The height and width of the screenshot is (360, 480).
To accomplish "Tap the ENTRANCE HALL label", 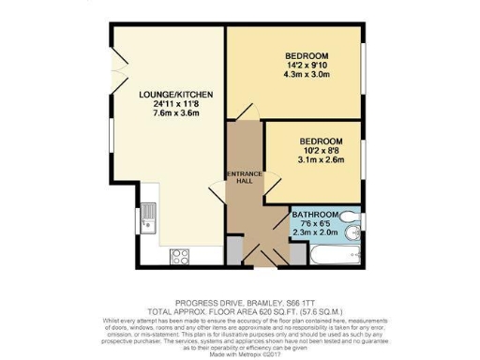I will [x=245, y=179].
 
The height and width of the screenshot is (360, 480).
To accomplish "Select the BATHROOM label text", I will [x=315, y=215].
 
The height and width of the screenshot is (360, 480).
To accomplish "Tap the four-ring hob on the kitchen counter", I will [x=180, y=255].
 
